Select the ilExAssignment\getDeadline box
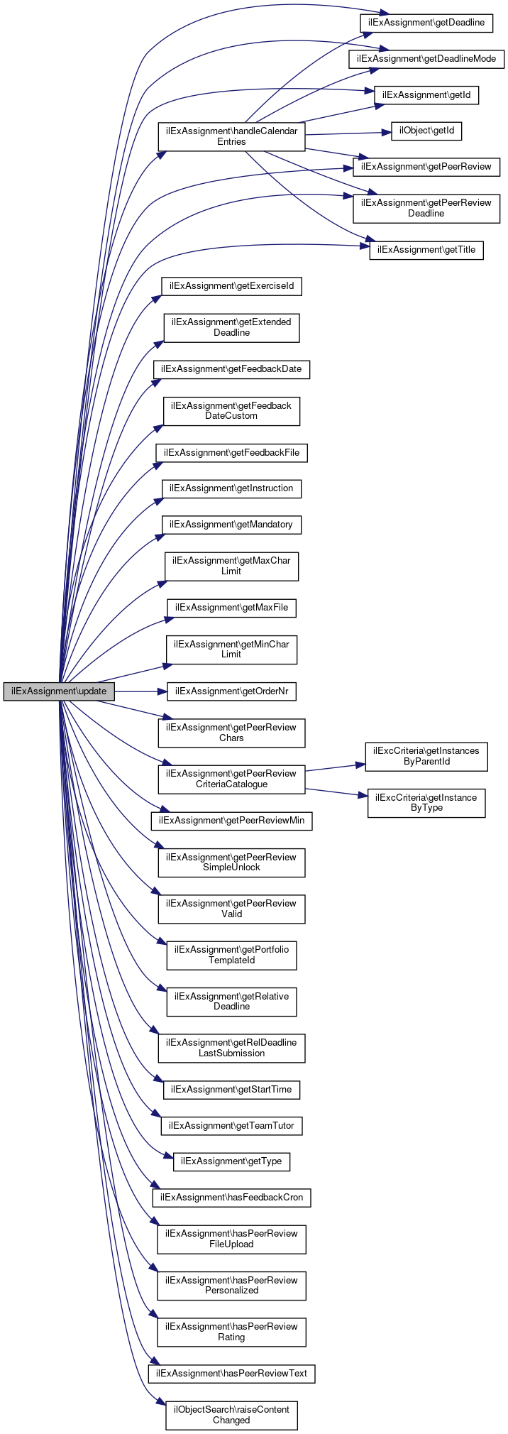point(426,23)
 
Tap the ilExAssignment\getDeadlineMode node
point(426,59)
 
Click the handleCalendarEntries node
point(231,136)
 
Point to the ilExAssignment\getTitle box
point(426,250)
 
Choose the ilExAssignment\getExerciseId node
point(232,286)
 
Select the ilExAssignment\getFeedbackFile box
point(232,453)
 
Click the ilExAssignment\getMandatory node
point(232,525)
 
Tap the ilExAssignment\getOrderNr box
point(232,691)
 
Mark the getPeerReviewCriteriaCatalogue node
point(231,779)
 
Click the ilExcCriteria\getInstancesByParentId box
point(426,756)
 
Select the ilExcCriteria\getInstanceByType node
point(426,803)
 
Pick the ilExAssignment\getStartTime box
point(232,1090)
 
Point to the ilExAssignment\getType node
point(232,1161)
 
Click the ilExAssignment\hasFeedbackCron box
point(232,1198)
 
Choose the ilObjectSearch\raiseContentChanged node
point(231,1415)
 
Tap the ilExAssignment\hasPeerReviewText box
point(232,1374)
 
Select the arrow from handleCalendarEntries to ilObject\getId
point(348,133)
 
